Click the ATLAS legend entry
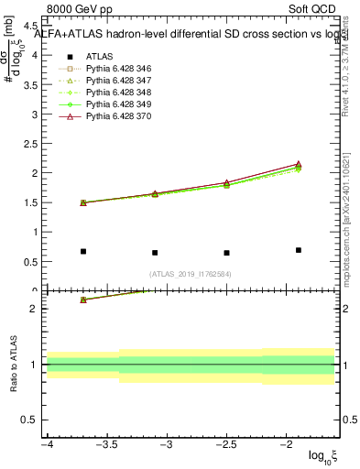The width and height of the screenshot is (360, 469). pos(99,56)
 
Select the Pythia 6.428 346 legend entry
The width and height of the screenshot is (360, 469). pos(119,69)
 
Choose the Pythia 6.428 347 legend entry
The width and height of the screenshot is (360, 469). pos(119,82)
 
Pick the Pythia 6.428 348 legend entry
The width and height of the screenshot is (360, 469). pos(119,93)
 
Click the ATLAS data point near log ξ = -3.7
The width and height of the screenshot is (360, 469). pos(83,251)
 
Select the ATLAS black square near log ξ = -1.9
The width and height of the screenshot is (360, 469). pos(299,250)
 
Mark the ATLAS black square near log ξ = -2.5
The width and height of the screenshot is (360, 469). pos(226,253)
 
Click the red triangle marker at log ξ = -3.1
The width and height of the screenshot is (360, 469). pos(155,193)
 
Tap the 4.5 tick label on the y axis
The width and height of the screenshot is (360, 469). pos(30,27)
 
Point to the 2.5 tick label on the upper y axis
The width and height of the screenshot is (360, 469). pos(30,144)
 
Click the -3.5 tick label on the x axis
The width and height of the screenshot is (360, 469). pos(107,444)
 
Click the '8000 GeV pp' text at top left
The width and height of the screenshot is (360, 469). pos(80,9)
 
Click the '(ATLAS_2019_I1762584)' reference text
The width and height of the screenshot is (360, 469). pos(191,274)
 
